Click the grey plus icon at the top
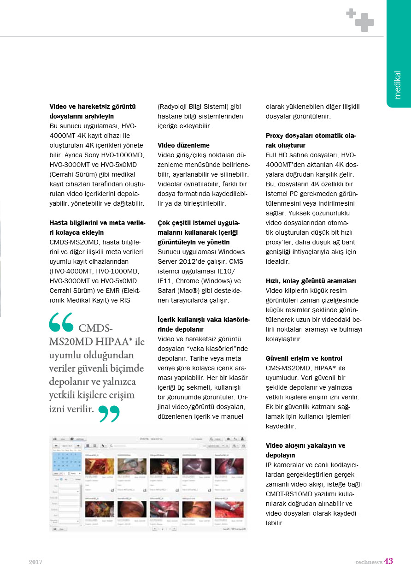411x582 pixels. (360, 19)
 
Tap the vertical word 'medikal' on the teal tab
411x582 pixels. (398, 85)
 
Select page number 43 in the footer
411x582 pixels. (388, 561)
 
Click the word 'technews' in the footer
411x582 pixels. (369, 562)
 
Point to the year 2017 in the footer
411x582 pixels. (36, 562)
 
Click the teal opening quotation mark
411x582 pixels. (61, 322)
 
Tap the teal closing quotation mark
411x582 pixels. (109, 414)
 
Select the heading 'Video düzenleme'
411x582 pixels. (183, 145)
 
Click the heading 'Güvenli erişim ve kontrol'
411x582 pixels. (304, 358)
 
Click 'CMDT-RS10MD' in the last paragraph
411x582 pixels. (288, 494)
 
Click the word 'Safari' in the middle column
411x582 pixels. (168, 291)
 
